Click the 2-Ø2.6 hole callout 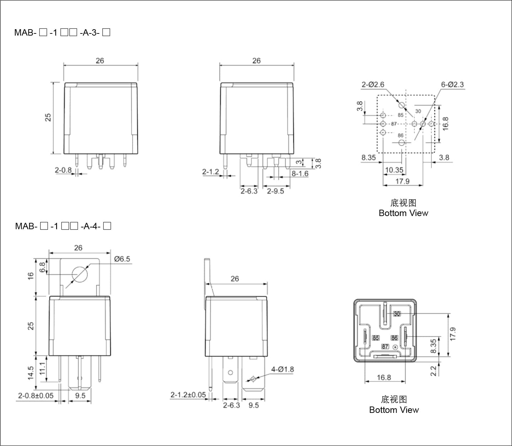click(373, 85)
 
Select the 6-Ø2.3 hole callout click(452, 85)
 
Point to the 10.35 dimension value click(394, 170)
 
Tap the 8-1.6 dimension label click(300, 174)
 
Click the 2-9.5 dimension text click(275, 191)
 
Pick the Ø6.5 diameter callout click(122, 259)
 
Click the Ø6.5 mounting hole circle click(80, 274)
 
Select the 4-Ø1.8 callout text click(282, 369)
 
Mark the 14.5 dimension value click(31, 373)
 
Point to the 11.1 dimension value click(42, 368)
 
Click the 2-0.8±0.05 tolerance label click(36, 396)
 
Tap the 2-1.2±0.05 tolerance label click(188, 395)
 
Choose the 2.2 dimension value click(433, 371)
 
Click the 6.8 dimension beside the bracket click(42, 267)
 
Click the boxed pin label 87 click(385, 347)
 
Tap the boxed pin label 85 click(376, 338)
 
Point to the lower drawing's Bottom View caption click(394, 410)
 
